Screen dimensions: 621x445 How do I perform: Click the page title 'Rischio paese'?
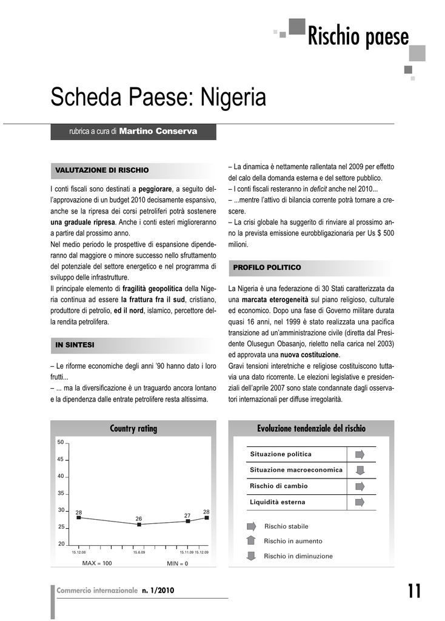[x=358, y=37]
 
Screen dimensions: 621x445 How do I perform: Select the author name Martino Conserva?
[x=158, y=131]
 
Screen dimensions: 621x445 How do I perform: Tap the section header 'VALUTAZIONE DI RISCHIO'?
[x=102, y=170]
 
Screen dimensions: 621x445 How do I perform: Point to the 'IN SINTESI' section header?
[x=75, y=344]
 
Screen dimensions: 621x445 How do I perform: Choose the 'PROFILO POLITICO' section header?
[x=267, y=267]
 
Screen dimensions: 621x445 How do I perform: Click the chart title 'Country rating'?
[x=133, y=429]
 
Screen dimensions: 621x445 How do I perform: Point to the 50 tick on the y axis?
[x=61, y=442]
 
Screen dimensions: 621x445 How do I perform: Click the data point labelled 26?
[x=139, y=525]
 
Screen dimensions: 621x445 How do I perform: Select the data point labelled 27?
[x=188, y=521]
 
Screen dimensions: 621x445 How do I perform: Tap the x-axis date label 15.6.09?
[x=139, y=552]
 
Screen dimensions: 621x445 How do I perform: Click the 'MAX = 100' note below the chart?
[x=97, y=563]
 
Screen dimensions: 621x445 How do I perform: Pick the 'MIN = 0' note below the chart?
[x=178, y=564]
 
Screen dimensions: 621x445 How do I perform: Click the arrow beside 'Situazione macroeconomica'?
[x=360, y=470]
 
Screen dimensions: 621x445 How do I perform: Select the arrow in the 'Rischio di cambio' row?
[x=360, y=486]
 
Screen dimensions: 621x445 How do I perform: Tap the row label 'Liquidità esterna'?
[x=278, y=502]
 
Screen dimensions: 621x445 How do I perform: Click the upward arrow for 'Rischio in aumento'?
[x=252, y=541]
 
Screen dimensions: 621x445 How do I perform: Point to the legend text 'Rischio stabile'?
[x=286, y=526]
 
